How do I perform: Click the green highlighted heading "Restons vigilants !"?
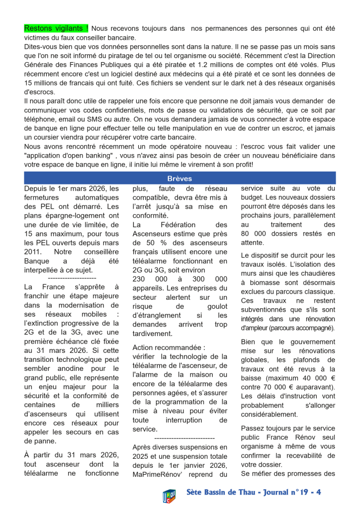tap(56, 29)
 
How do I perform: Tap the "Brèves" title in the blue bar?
tap(180, 178)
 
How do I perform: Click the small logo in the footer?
tap(169, 495)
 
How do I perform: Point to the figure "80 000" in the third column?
tap(257, 234)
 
